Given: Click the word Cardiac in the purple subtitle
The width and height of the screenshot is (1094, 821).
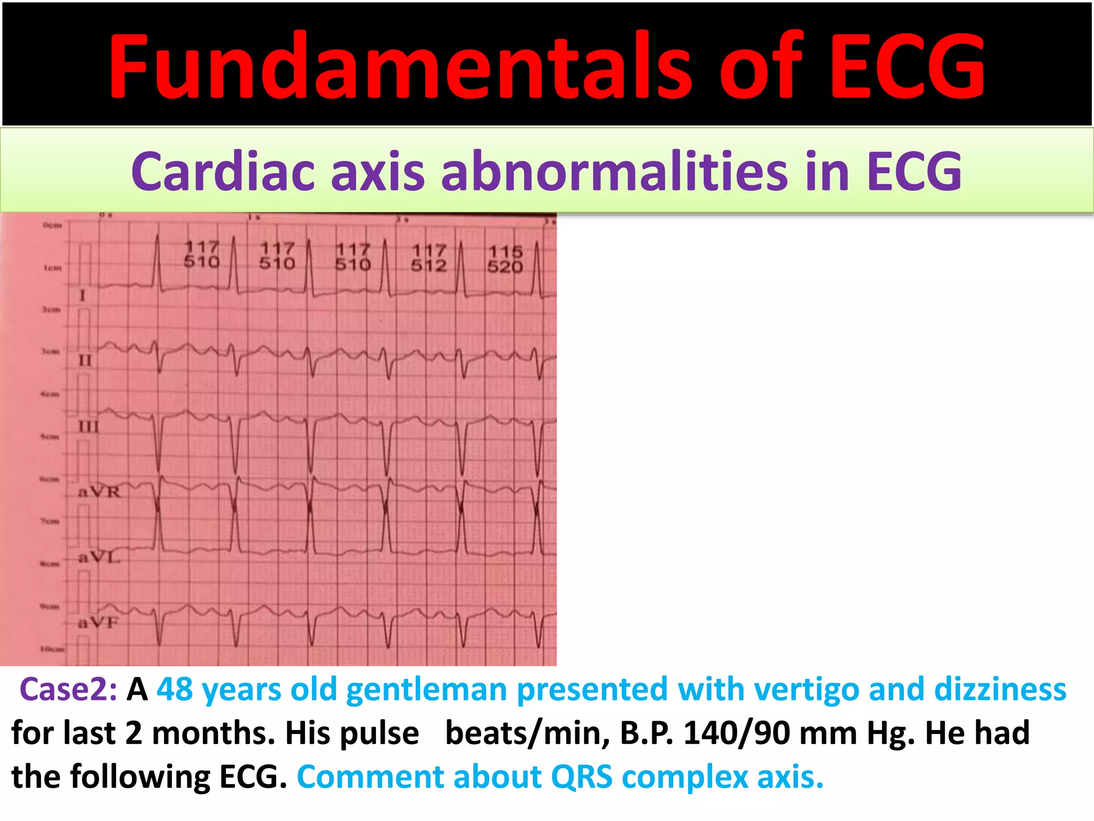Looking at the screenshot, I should click(x=224, y=171).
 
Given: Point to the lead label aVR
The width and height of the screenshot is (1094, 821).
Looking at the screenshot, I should click(x=99, y=492).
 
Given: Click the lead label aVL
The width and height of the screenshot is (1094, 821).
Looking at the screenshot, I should click(x=99, y=557).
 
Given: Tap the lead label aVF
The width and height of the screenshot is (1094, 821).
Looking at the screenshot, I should click(x=98, y=622).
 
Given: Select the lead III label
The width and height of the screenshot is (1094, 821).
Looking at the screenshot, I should click(x=88, y=427).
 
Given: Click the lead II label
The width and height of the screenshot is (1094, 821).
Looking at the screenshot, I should click(x=85, y=361).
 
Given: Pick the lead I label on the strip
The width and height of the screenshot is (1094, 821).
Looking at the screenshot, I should click(x=82, y=295).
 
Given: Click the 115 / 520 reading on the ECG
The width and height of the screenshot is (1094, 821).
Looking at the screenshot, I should click(x=505, y=259).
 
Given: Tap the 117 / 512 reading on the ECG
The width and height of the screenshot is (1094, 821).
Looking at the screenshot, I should click(x=428, y=258).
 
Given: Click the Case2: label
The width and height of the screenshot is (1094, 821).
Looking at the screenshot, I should click(x=68, y=690).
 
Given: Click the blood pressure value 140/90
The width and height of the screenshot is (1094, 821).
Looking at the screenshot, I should click(x=737, y=733).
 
